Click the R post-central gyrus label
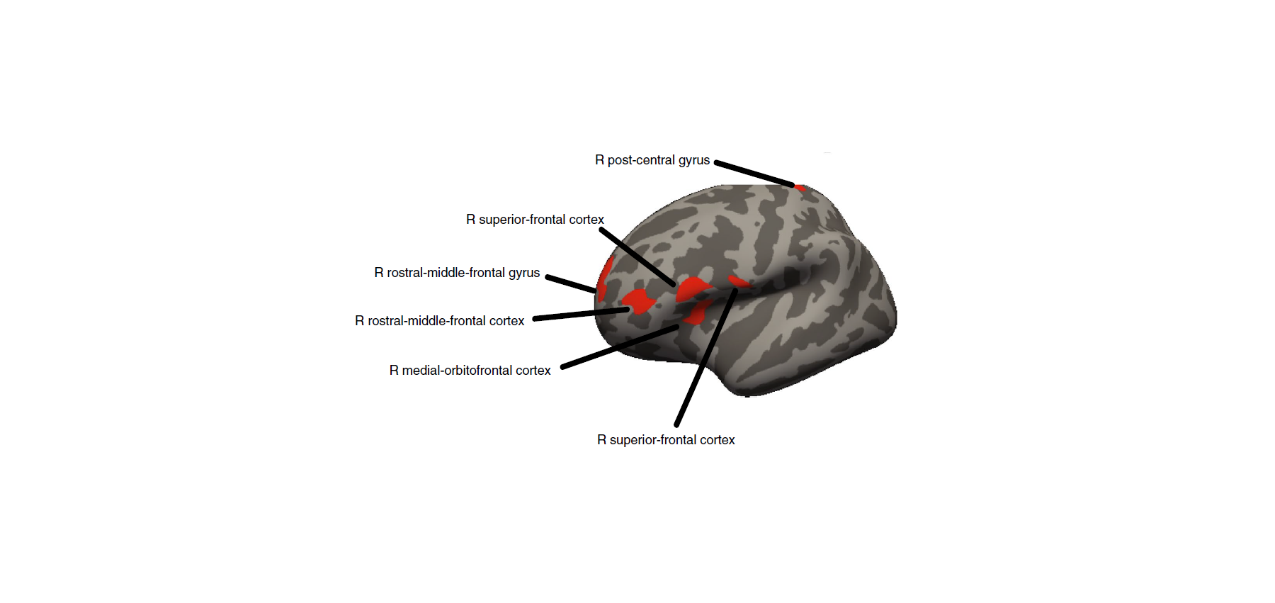[x=652, y=160]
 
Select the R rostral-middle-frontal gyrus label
[x=457, y=273]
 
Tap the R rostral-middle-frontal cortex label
[x=439, y=321]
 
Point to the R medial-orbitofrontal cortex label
[x=470, y=371]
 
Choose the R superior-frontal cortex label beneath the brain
[x=666, y=440]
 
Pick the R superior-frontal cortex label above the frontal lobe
[x=535, y=220]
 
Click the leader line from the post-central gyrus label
[x=754, y=174]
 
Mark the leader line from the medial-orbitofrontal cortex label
[x=620, y=347]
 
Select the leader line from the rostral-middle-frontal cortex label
[x=581, y=314]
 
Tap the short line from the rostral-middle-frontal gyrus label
[x=571, y=283]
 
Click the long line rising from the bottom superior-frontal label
[x=706, y=358]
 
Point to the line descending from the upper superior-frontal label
[x=637, y=257]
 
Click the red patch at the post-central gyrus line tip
[x=800, y=188]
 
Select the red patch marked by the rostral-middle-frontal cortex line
[x=639, y=302]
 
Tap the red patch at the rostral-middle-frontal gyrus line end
[x=603, y=280]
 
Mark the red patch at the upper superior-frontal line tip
[x=693, y=289]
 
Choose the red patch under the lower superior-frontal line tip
[x=739, y=283]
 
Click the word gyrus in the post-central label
[x=694, y=161]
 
